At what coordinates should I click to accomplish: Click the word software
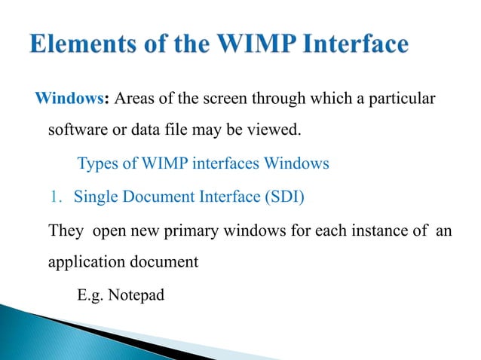(75, 133)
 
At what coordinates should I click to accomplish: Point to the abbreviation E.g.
(90, 294)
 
